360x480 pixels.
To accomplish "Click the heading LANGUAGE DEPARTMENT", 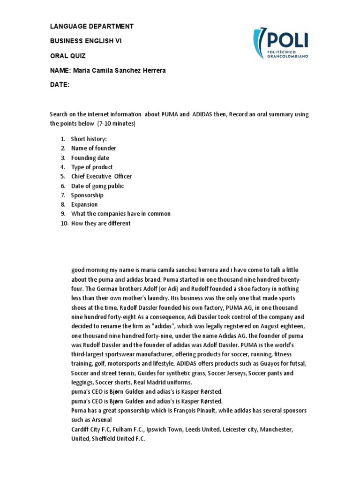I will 92,26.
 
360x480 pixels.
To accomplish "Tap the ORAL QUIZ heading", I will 68,56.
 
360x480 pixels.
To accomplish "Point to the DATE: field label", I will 60,85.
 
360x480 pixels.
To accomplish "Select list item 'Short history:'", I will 89,139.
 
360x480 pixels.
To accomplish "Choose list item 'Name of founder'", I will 93,148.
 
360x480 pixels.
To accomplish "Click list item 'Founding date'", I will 90,157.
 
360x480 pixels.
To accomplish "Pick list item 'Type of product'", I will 92,167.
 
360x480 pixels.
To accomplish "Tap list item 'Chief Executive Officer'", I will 101,176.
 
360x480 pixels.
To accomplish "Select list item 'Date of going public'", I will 97,186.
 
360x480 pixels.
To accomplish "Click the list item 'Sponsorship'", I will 87,195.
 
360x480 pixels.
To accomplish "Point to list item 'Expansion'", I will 84,204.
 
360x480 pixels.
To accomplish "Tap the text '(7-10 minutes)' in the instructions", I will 116,124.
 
